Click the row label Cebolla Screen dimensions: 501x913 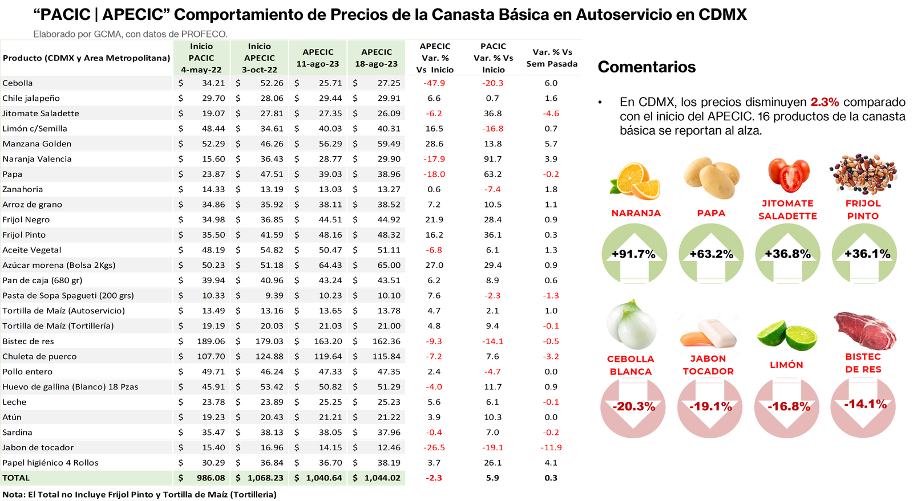18,83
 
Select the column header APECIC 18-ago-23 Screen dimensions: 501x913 376,58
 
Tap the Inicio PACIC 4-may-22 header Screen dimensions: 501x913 201,58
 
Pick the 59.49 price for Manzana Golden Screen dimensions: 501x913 389,144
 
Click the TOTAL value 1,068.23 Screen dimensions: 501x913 265,478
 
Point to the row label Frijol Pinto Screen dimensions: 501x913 24,235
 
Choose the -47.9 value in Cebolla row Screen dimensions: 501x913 434,83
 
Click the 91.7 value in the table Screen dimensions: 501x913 492,159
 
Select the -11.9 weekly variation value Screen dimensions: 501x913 551,447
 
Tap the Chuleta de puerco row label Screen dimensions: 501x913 39,356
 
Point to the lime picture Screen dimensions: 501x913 787,335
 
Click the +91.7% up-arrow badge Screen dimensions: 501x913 633,254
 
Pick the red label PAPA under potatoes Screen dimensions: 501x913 711,213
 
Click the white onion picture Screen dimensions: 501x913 631,323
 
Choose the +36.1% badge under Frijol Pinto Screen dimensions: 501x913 864,254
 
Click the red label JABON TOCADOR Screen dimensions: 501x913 708,365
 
